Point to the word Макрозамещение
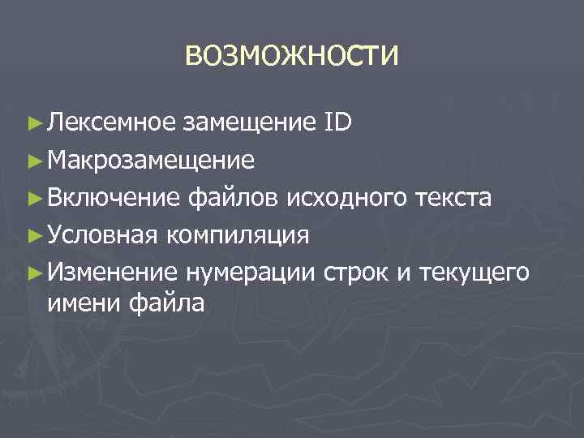click(151, 160)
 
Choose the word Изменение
click(112, 272)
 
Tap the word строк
click(357, 272)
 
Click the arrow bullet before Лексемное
click(34, 123)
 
